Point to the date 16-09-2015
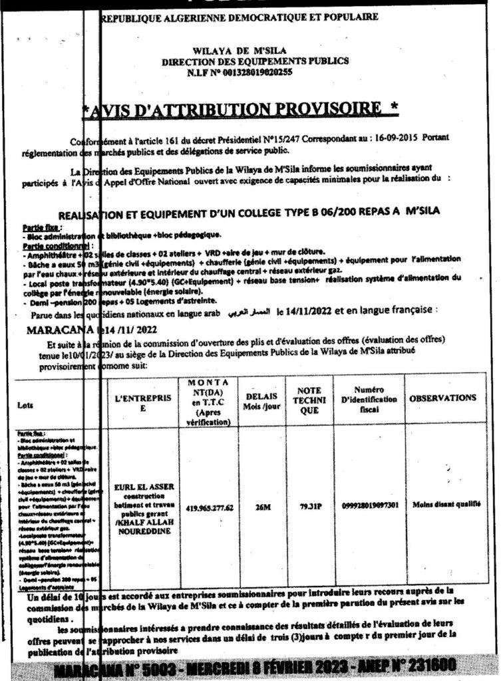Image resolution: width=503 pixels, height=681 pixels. (376, 136)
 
